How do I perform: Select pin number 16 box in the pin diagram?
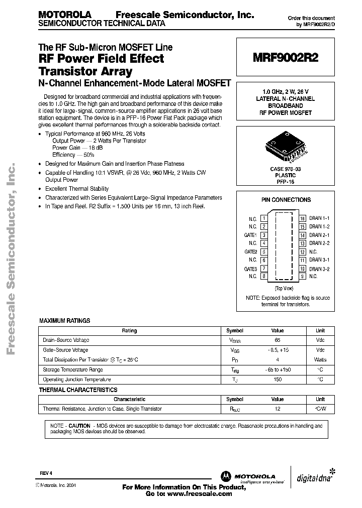coord(303,219)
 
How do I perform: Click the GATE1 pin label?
coord(251,235)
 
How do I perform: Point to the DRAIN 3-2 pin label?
coord(319,268)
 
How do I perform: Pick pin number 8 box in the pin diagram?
coord(263,276)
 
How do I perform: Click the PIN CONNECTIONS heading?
coord(286,200)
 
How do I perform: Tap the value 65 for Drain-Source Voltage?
coord(278,340)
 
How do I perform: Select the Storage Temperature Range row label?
coord(73,369)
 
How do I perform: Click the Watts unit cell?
coord(320,360)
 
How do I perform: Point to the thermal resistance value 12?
coord(278,409)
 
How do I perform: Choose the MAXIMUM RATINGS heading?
coord(65,320)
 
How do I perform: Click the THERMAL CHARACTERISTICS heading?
coord(78,390)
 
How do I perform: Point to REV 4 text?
coord(46,473)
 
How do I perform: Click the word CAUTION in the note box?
coord(79,425)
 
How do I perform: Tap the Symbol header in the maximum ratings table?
coord(234,331)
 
